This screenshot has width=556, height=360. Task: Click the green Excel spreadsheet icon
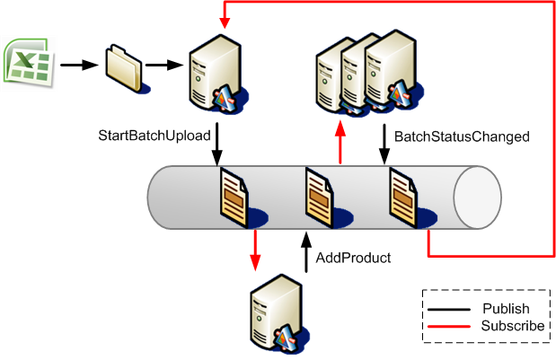point(27,64)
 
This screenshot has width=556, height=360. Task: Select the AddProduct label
point(353,258)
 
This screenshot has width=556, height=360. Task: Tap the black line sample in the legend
point(448,308)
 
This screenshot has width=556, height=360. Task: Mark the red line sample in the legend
point(448,325)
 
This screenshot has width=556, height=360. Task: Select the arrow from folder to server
point(163,65)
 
